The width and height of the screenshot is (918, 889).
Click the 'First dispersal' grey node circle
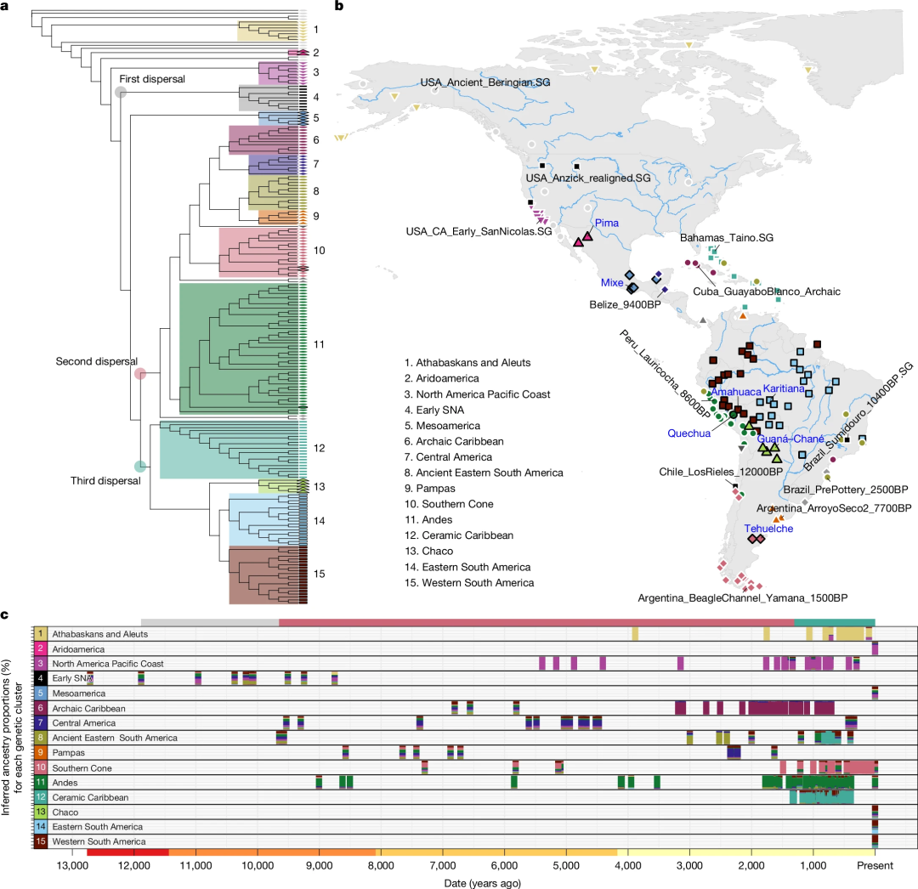pos(121,92)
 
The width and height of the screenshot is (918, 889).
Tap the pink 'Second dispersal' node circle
pos(140,373)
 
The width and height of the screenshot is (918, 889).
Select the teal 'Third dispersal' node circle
pos(140,467)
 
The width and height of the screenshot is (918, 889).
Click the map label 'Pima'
pos(607,223)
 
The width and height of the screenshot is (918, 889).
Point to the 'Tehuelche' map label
pos(768,529)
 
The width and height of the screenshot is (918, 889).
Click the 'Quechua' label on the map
pos(689,433)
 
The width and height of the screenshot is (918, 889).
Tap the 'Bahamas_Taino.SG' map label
pos(727,238)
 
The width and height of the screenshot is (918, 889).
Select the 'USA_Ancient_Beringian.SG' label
pos(485,82)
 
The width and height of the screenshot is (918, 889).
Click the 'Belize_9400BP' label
pos(625,304)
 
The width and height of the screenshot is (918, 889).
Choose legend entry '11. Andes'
pos(428,519)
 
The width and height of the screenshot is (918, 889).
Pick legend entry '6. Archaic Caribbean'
pos(454,441)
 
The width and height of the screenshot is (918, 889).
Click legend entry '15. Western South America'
pos(469,583)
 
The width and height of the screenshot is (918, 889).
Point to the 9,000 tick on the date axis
pos(319,865)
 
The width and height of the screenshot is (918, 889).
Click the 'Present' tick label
pos(875,865)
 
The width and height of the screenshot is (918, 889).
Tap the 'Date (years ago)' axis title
pos(483,883)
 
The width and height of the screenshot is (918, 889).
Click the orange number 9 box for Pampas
pos(41,753)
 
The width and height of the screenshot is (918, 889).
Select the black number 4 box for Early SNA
pos(41,678)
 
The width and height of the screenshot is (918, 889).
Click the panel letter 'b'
pos(339,6)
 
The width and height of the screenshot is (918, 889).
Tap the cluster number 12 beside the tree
pos(319,448)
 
